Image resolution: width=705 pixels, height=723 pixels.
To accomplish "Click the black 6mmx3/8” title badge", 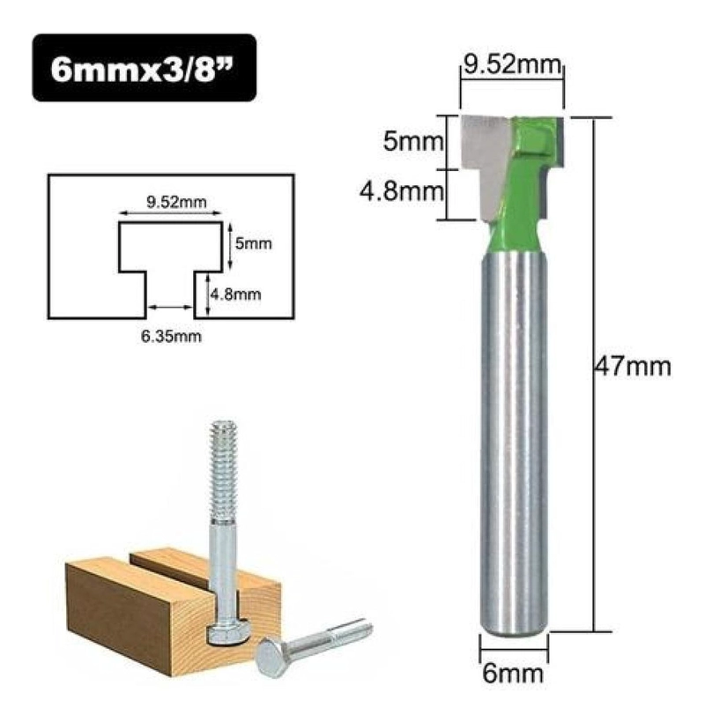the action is (144, 68).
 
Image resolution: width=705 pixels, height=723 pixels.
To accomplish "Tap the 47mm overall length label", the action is (632, 367).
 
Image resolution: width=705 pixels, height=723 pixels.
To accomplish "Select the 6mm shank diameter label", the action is (513, 674).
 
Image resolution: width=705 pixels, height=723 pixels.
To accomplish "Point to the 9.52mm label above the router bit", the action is (512, 64).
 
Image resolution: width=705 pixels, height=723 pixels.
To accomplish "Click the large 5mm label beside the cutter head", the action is (412, 141).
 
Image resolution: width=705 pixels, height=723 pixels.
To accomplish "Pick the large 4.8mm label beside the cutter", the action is (401, 191).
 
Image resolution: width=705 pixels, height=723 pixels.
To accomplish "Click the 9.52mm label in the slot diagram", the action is (176, 202).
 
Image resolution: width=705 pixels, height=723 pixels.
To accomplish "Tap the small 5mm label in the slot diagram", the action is (254, 243).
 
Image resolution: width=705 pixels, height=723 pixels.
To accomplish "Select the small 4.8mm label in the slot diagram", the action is (236, 294).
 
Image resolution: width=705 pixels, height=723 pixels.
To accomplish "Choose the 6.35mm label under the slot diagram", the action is (171, 336).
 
